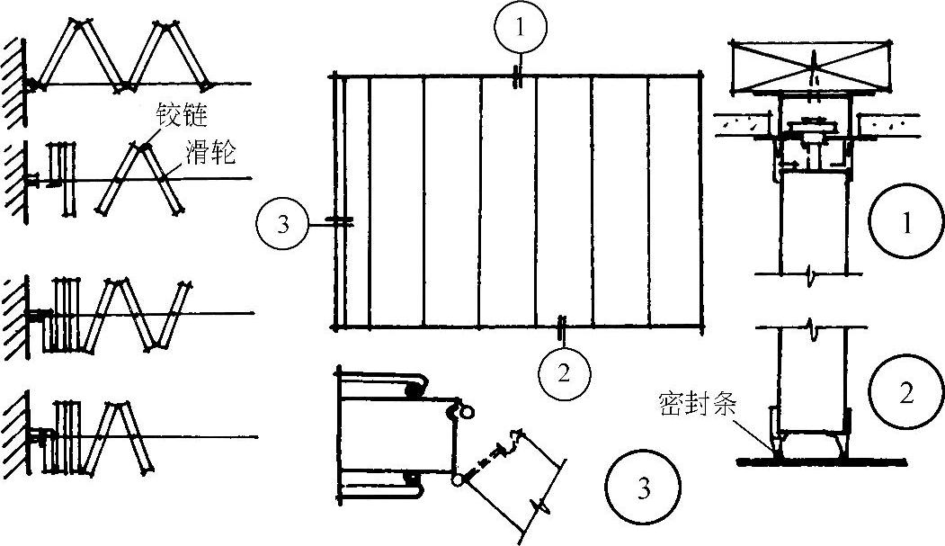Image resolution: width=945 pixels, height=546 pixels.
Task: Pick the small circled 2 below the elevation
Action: [563, 371]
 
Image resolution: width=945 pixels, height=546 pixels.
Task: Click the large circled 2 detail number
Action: [905, 392]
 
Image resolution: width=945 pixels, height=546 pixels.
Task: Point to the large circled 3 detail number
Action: [640, 488]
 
